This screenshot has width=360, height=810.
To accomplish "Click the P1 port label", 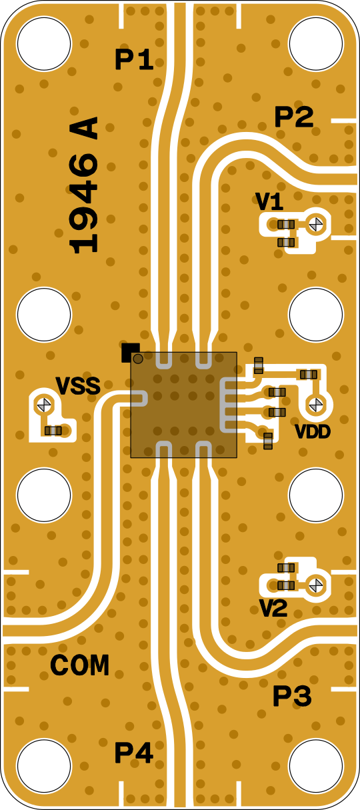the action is pos(134,59).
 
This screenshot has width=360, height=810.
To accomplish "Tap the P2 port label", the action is pos(293,117).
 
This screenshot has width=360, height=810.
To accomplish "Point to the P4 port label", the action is pos(134,753).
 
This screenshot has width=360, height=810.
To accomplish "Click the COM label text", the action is pos(79,665).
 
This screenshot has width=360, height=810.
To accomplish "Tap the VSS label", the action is pos(78,386).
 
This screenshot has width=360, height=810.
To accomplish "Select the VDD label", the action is pos(313,431).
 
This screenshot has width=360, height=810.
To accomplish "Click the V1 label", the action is pos(269,202).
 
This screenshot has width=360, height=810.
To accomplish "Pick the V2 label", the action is pos(273,609).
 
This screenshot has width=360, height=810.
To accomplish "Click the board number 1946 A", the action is pos(84,185).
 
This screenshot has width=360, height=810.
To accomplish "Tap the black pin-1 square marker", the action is pos(130,352).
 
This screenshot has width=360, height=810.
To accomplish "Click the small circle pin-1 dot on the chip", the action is pos(138,359).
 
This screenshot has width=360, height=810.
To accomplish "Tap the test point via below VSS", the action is pos(44,404).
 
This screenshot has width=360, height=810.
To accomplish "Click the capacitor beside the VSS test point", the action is pos(53,430).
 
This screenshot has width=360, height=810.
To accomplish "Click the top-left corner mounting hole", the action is pos(44,43).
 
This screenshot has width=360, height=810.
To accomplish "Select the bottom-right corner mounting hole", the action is pos(315,766).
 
